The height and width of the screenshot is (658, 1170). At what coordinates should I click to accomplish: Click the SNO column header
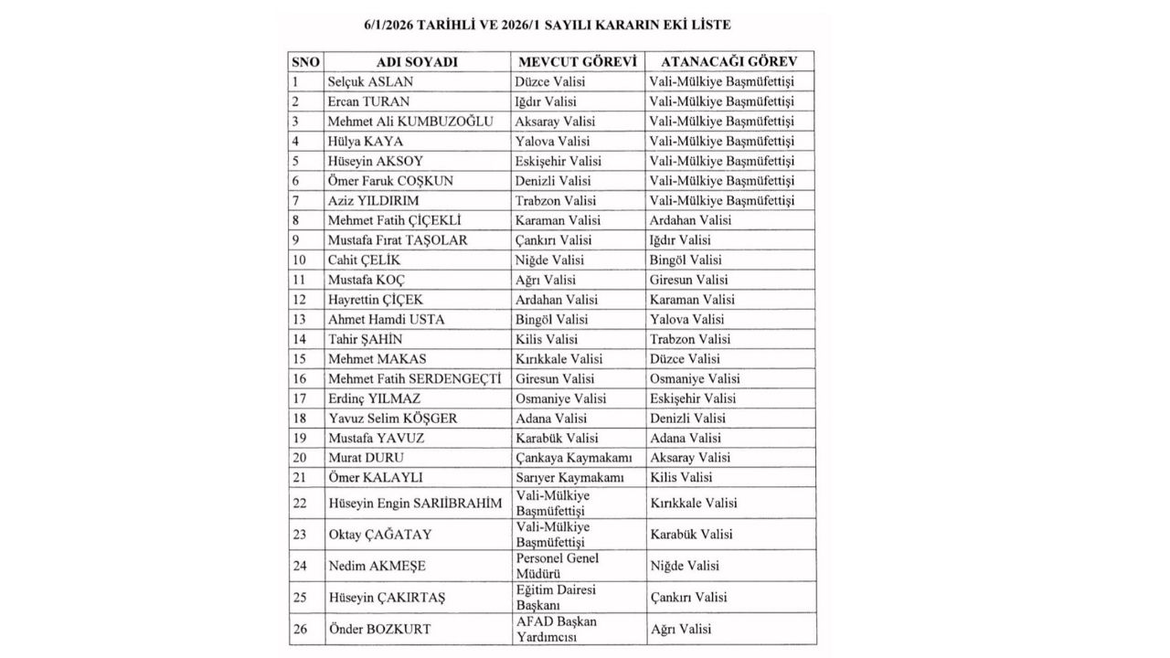305,61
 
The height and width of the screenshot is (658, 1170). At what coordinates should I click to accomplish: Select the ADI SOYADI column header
417,61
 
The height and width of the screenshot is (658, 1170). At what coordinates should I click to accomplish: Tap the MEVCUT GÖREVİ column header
577,61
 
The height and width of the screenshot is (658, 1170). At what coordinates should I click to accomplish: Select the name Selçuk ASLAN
370,81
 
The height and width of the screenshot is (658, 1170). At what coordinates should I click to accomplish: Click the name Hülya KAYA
366,141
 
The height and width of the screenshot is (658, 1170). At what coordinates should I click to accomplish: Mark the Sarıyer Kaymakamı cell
569,478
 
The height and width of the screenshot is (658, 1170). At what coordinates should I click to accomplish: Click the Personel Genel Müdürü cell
558,566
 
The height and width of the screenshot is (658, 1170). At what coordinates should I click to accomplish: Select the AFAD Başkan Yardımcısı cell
556,629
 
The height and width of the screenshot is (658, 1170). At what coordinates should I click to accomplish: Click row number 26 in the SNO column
299,629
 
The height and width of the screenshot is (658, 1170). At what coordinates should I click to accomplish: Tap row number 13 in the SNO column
299,319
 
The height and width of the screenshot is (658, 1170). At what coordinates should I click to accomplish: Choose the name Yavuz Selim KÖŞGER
392,419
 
